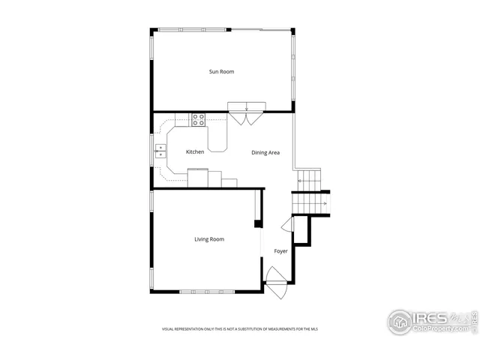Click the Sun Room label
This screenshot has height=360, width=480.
pos(221,72)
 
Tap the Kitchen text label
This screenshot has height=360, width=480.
pos(195,152)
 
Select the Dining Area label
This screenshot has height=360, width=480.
pos(265,153)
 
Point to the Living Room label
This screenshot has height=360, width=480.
pos(209,239)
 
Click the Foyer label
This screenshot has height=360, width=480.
pos(280,251)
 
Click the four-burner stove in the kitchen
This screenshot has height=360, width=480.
pos(199,118)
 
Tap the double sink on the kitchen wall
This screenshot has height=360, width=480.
pos(160,152)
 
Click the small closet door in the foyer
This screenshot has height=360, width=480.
pos(286,225)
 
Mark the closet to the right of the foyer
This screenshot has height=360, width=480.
pos(301,230)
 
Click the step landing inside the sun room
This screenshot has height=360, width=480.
pos(246,106)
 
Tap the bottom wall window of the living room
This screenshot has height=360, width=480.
pos(206,292)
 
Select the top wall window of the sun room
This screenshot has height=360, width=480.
pos(191,29)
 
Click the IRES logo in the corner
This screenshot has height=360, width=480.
pos(430,321)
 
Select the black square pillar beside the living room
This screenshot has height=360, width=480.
pos(258,223)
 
